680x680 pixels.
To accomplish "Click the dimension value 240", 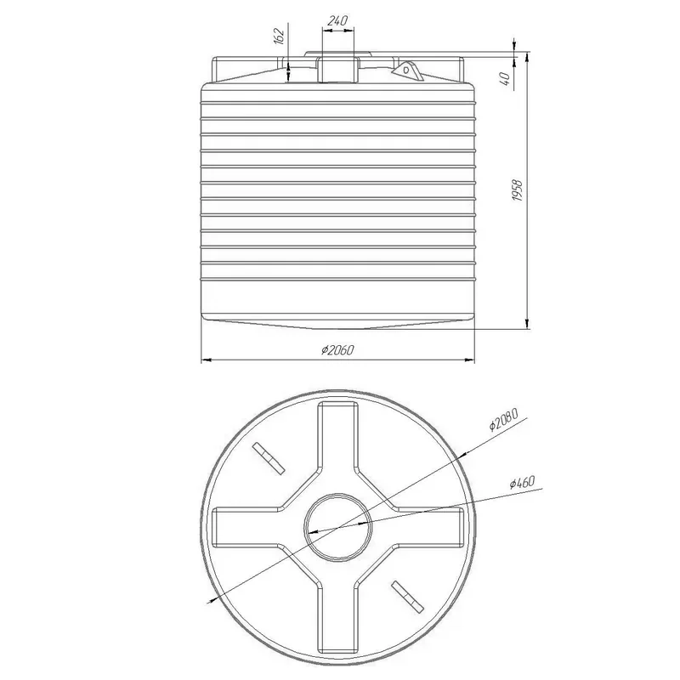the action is click(x=337, y=20).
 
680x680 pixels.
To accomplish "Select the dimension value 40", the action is click(x=505, y=78).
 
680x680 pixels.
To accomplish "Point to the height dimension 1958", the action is click(x=518, y=190).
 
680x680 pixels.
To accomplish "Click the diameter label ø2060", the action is click(x=337, y=350).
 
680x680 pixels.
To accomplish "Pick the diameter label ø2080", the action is click(x=503, y=419).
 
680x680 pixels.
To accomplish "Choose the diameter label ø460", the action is click(x=522, y=482).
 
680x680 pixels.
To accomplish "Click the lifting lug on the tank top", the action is click(x=408, y=71).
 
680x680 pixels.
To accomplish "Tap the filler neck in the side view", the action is click(x=337, y=69).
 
